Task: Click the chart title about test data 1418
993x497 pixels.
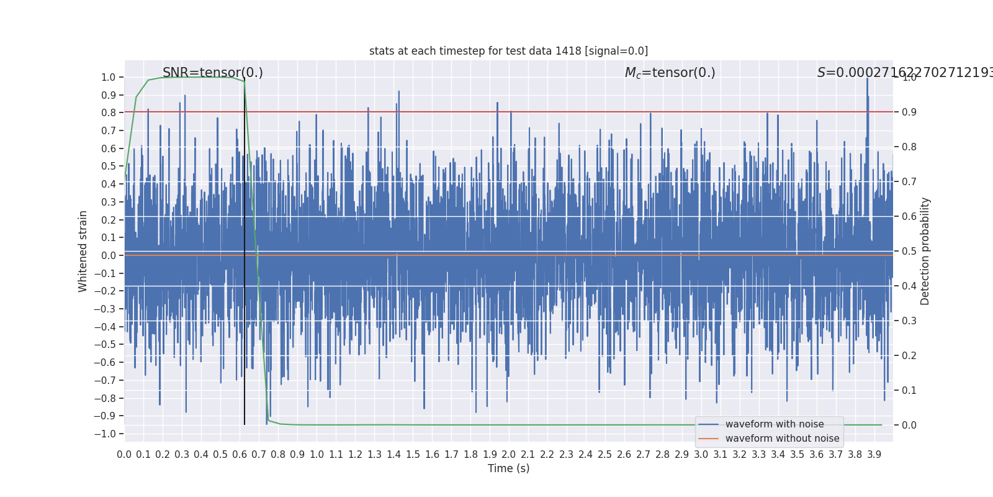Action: point(508,51)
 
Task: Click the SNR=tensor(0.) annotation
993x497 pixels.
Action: point(212,73)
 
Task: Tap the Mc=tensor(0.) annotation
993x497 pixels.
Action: point(670,73)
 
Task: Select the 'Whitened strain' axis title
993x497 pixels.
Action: point(83,251)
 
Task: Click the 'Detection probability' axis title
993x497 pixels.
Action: point(925,251)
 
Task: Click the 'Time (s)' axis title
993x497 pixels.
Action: point(508,468)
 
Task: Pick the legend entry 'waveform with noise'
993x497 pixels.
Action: point(774,424)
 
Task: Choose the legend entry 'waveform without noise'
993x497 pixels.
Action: point(781,439)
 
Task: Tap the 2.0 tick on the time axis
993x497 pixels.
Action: point(509,455)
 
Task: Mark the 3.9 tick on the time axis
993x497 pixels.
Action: point(874,455)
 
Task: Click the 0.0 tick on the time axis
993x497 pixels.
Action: point(124,455)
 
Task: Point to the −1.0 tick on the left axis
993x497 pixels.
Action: point(108,434)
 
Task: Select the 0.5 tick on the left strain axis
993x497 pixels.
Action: point(109,166)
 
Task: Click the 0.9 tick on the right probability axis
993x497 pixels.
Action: point(909,112)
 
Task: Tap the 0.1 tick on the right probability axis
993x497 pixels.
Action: point(909,390)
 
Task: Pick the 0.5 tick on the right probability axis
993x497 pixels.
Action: point(909,251)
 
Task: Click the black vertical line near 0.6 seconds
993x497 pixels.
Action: point(245,311)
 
